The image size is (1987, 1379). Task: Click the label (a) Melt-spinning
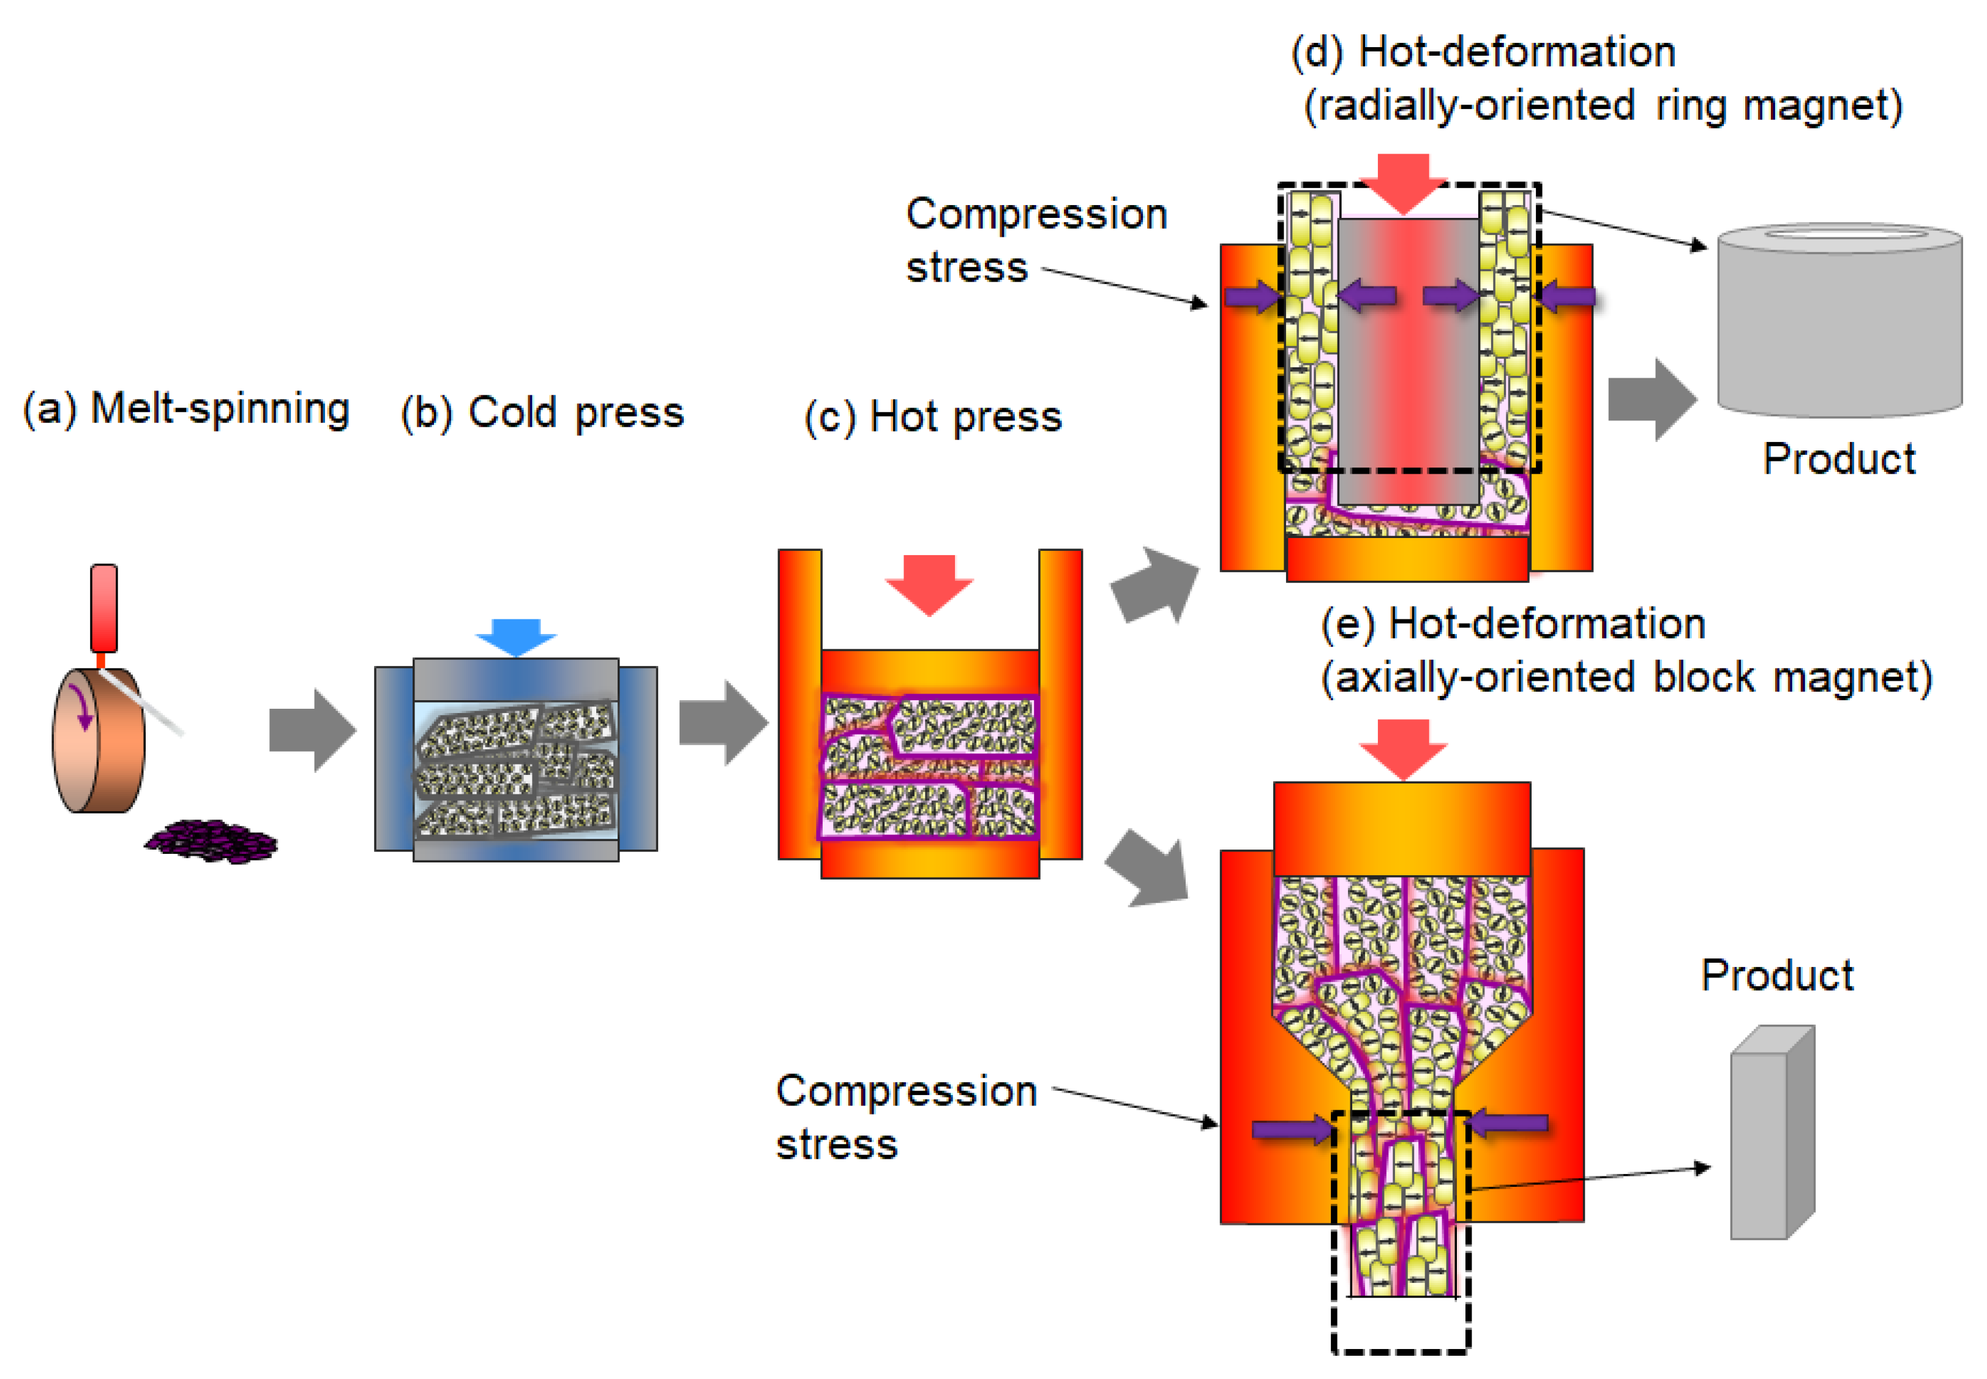click(185, 409)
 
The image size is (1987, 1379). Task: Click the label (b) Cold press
click(542, 412)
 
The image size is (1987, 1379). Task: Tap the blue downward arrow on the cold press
click(516, 637)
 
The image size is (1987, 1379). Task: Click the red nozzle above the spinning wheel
click(103, 607)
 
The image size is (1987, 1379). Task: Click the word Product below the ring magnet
click(1838, 459)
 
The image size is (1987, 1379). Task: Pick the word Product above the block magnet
click(1776, 976)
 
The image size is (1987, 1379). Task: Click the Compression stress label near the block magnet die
click(905, 1116)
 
